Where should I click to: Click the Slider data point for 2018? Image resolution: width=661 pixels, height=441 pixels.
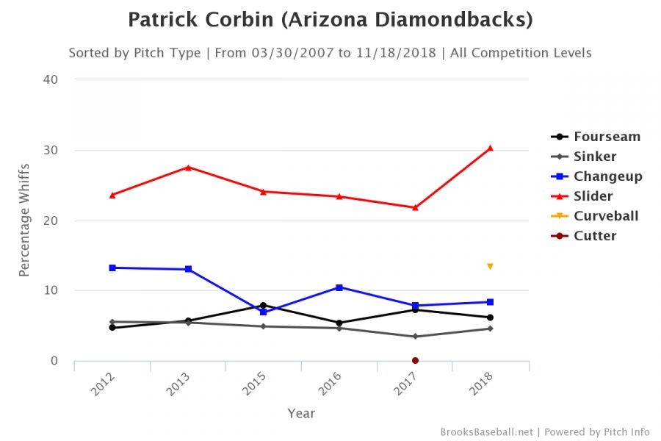[490, 148]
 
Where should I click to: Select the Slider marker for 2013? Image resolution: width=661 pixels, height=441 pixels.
[188, 167]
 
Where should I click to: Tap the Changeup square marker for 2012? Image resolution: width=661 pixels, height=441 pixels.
[112, 268]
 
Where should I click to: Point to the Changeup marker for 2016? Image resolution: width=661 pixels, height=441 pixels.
[339, 287]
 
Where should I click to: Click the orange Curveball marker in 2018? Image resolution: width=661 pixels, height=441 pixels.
[490, 266]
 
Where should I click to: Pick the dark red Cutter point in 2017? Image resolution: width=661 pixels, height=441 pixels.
[415, 360]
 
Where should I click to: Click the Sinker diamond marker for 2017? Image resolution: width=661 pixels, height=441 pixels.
[415, 337]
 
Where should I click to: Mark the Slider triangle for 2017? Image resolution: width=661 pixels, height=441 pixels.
[415, 207]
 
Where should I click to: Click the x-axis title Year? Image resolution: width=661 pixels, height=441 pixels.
[301, 413]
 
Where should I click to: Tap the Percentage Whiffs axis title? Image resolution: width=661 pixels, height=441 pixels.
[24, 221]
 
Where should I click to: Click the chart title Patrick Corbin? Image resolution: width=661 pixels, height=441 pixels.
[330, 20]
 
